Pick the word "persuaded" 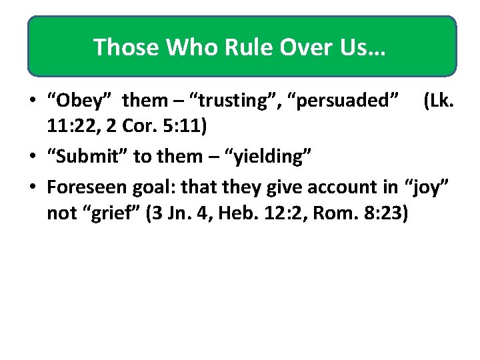pos(343,101)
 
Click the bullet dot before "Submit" pos(32,157)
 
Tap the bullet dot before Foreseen pos(32,187)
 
